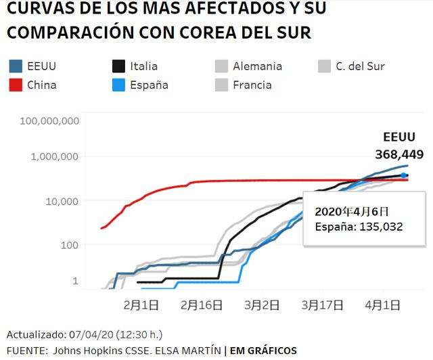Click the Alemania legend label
click(257, 66)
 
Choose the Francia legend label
click(252, 85)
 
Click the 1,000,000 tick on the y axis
click(57, 156)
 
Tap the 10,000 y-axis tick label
click(64, 201)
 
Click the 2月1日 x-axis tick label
click(141, 305)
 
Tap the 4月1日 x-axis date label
click(382, 305)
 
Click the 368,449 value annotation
click(399, 154)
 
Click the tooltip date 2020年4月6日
click(350, 211)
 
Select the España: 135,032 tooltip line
click(359, 227)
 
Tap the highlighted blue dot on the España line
click(404, 175)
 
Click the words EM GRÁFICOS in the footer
click(263, 350)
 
